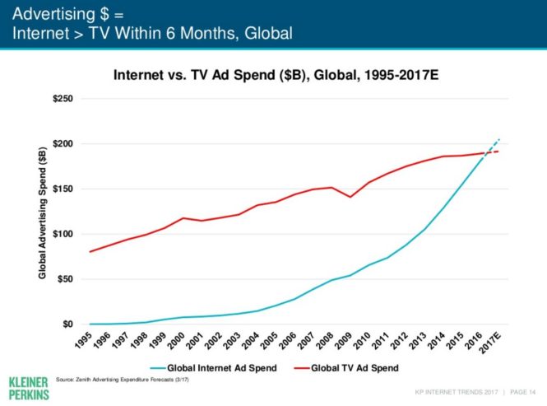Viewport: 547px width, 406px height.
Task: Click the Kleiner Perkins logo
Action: click(x=28, y=389)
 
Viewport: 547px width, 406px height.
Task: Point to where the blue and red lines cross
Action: click(x=484, y=153)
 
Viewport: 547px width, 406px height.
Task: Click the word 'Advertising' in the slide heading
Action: click(x=53, y=13)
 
